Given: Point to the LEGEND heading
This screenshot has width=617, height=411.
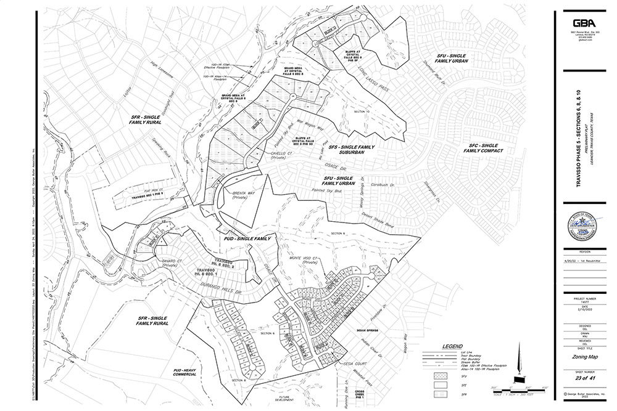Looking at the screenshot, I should pos(453,348).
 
